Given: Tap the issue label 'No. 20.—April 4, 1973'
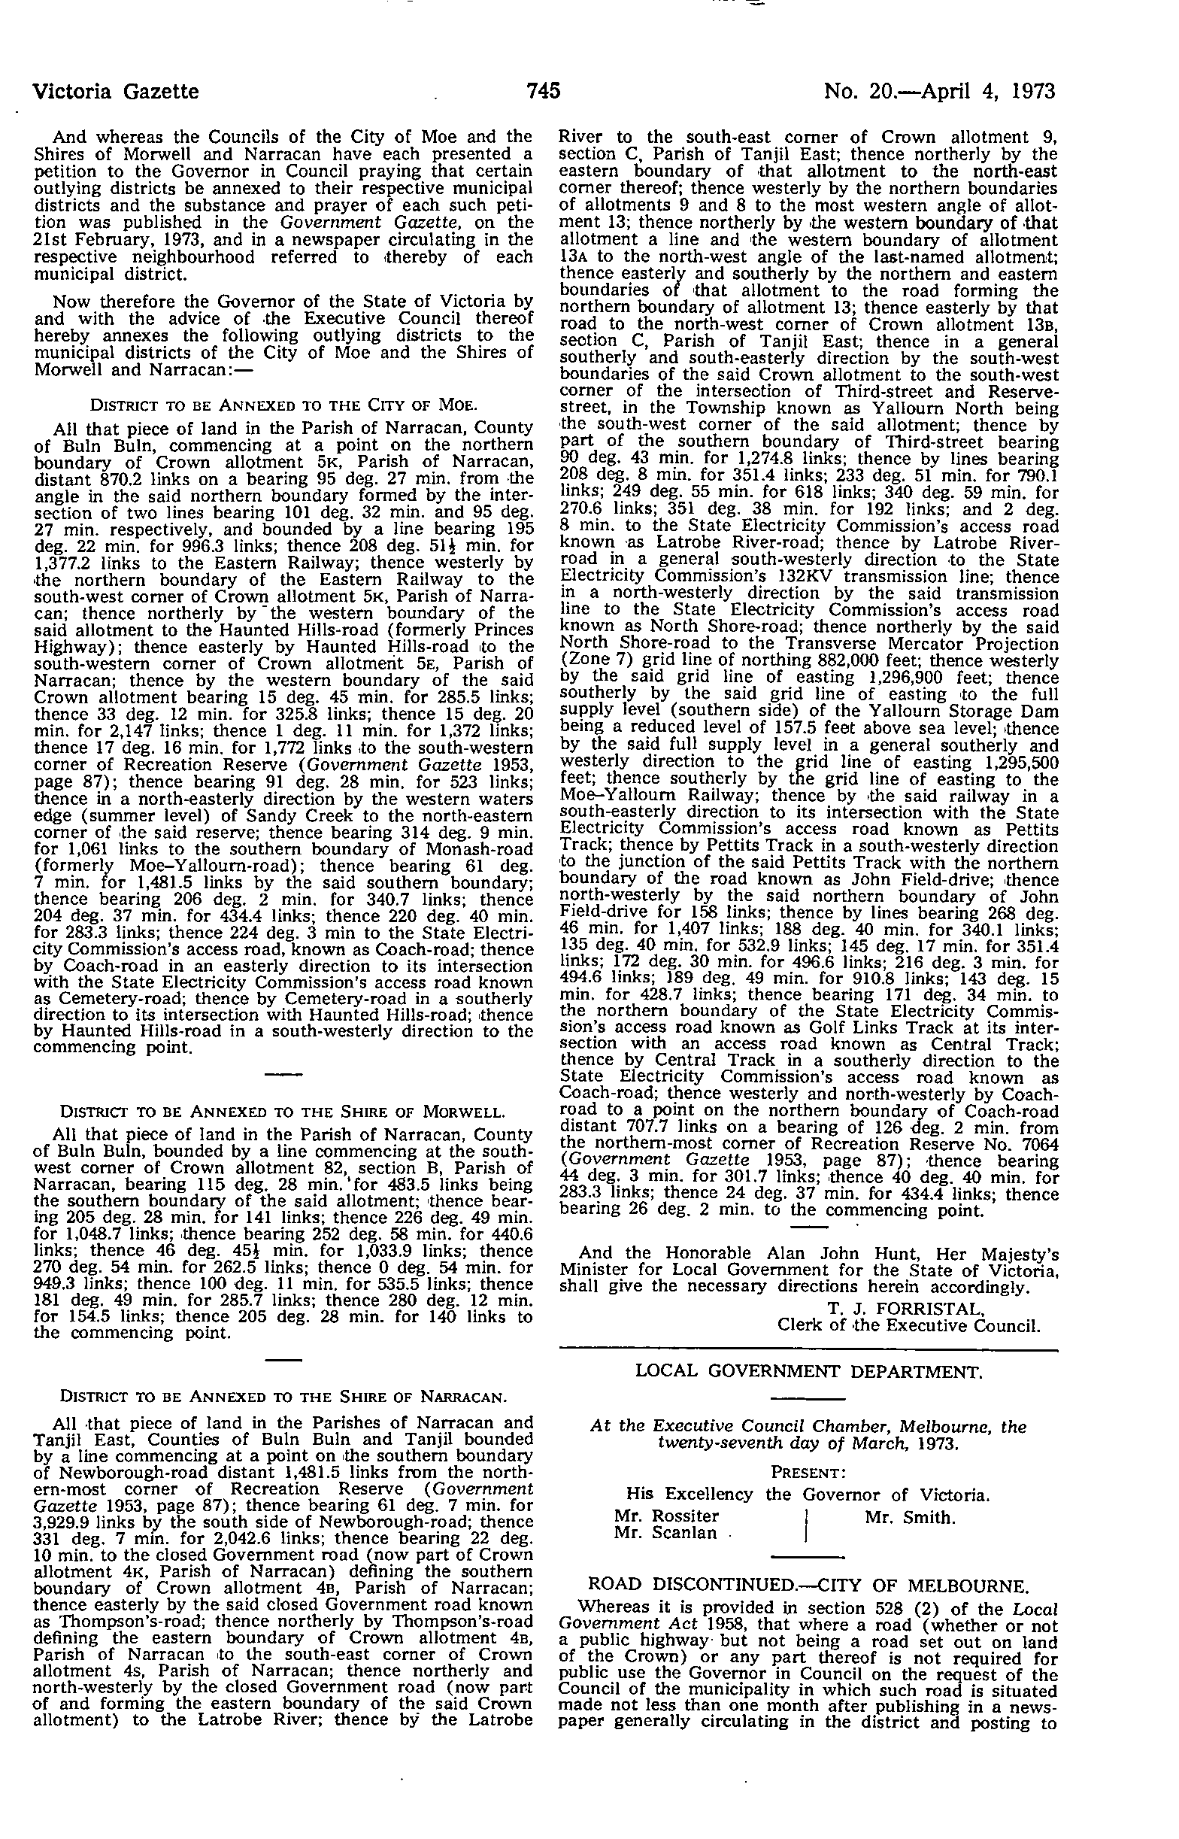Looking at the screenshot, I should point(939,92).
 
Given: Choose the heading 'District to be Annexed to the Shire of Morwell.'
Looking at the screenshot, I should point(283,1112).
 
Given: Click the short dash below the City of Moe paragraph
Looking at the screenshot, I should point(283,1076).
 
